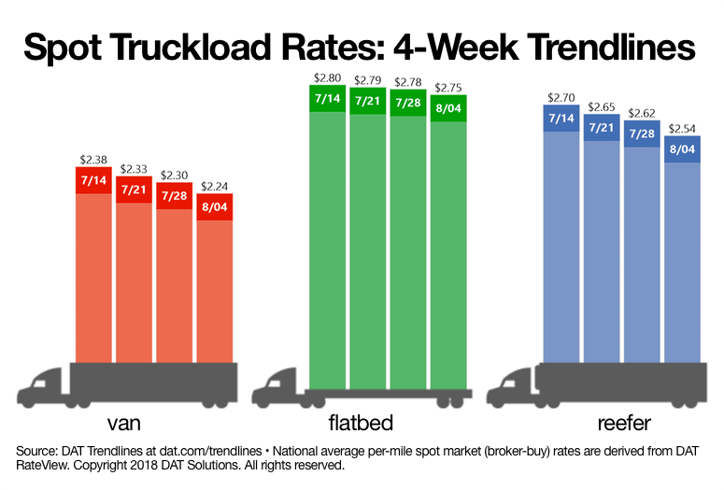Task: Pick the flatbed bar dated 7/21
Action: (368, 233)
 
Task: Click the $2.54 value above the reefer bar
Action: (682, 128)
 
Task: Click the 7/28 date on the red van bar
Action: (175, 196)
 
